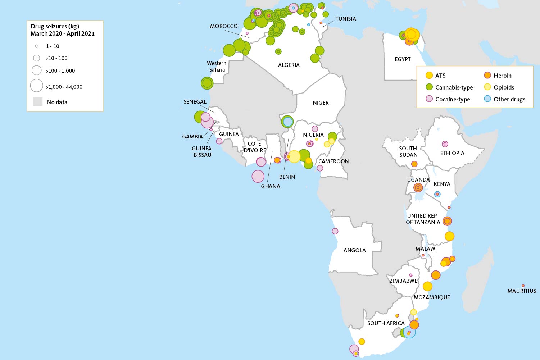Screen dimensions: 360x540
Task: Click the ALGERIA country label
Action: (x=289, y=65)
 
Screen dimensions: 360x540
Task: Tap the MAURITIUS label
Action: (x=522, y=291)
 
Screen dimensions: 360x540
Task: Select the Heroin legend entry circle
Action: (x=487, y=75)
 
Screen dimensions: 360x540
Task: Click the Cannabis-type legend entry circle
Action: (x=429, y=87)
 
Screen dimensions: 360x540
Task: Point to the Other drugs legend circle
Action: (x=487, y=99)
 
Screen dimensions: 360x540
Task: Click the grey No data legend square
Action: (x=38, y=102)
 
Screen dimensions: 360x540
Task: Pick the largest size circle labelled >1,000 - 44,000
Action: (x=37, y=86)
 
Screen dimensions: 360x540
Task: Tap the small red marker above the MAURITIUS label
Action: (x=523, y=286)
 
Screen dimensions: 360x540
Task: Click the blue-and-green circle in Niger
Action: (x=287, y=122)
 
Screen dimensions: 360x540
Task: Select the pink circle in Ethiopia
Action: (x=445, y=144)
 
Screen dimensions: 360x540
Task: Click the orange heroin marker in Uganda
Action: (x=418, y=187)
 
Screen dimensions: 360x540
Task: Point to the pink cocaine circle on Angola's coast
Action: (x=335, y=231)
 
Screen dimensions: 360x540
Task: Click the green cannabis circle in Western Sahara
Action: (x=207, y=83)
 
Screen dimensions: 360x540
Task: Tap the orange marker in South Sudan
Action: (x=414, y=164)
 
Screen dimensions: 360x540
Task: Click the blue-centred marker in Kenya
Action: (x=437, y=194)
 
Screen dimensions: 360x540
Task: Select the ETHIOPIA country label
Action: (x=452, y=153)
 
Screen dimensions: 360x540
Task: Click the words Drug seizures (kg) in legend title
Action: (x=55, y=26)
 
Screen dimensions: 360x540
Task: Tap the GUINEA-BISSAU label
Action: (x=202, y=151)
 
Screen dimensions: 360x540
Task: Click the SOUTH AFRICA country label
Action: (x=386, y=323)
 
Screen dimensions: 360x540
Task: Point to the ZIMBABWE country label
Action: (x=403, y=281)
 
